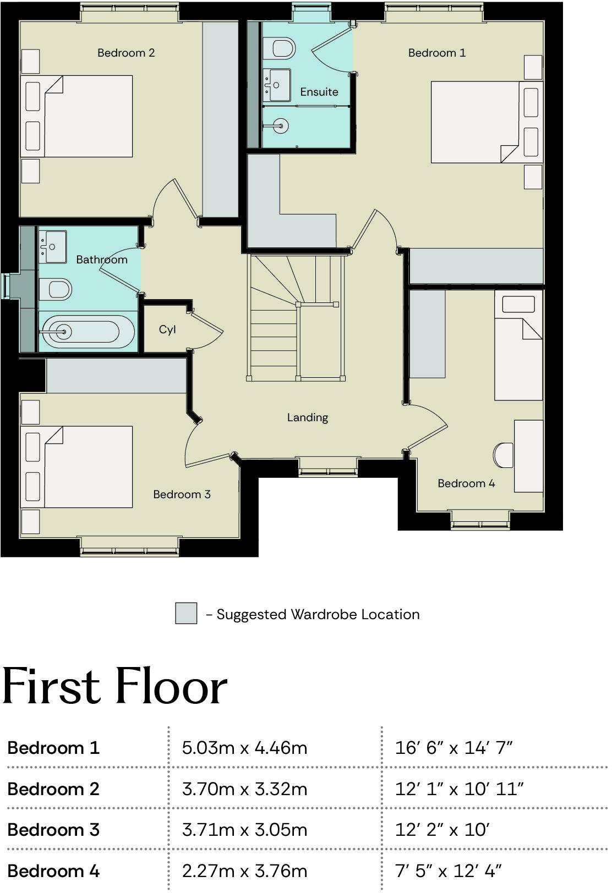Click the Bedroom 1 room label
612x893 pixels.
[x=436, y=53]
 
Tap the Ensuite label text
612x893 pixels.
[x=319, y=92]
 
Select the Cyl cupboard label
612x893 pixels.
[x=167, y=329]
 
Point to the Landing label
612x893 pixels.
[x=307, y=417]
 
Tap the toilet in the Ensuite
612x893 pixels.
[x=280, y=48]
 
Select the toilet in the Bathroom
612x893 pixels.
[x=56, y=289]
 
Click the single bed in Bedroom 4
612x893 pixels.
[x=518, y=345]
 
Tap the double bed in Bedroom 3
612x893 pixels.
[x=77, y=467]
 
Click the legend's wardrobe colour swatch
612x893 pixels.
[x=186, y=613]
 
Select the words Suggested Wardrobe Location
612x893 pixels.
[x=318, y=614]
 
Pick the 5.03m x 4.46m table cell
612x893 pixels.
[x=244, y=748]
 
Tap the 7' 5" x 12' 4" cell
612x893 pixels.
[x=448, y=871]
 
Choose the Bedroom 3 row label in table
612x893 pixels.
[x=53, y=829]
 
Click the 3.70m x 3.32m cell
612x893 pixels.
[x=244, y=789]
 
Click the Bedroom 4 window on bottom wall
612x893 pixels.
[x=480, y=520]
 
